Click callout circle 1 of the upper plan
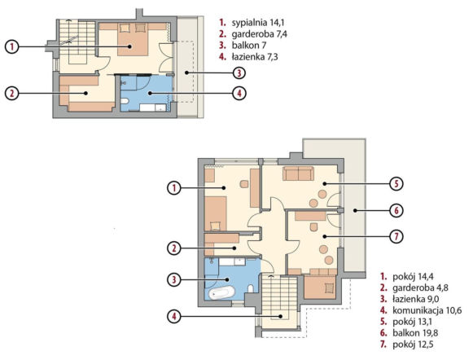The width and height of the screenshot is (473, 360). pyautogui.click(x=11, y=46)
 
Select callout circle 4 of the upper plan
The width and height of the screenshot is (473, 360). pyautogui.click(x=239, y=93)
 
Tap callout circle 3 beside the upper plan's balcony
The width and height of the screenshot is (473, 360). pyautogui.click(x=239, y=72)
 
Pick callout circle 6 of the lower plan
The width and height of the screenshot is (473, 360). pyautogui.click(x=396, y=210)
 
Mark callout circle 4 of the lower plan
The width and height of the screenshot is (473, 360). pyautogui.click(x=174, y=316)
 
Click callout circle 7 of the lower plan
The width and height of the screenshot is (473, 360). pyautogui.click(x=396, y=236)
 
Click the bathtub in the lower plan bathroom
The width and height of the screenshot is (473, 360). pyautogui.click(x=222, y=292)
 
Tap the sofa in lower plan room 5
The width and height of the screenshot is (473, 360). pyautogui.click(x=298, y=173)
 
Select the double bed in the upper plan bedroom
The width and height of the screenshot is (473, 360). pyautogui.click(x=133, y=39)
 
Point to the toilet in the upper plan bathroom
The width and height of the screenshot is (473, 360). pyautogui.click(x=125, y=101)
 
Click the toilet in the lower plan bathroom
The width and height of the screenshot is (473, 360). pyautogui.click(x=251, y=288)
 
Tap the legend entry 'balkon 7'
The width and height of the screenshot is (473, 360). pyautogui.click(x=249, y=46)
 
